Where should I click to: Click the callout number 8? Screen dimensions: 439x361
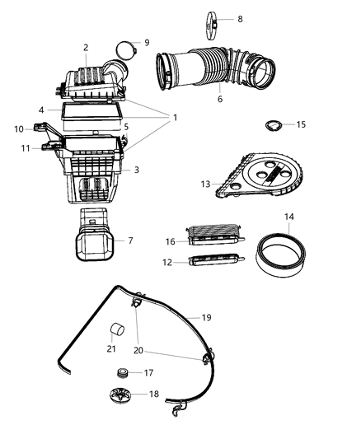pyautogui.click(x=240, y=18)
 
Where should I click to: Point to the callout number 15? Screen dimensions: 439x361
pyautogui.click(x=301, y=124)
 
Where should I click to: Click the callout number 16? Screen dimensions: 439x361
pyautogui.click(x=169, y=242)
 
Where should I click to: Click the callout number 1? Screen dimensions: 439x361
pyautogui.click(x=174, y=118)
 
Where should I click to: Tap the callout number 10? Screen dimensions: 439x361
pyautogui.click(x=18, y=128)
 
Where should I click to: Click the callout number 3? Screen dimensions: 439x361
pyautogui.click(x=137, y=170)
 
